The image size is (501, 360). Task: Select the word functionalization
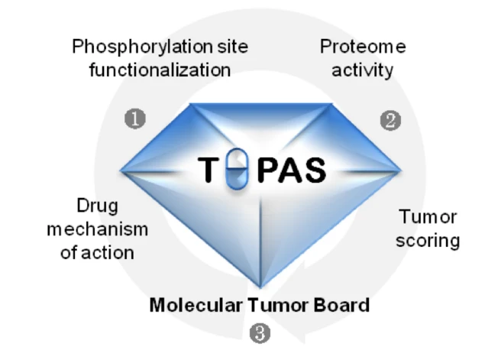(160, 70)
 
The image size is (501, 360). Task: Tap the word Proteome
(363, 47)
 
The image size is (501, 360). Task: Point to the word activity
(363, 70)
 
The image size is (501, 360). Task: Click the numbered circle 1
(136, 119)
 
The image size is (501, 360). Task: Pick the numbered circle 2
(390, 120)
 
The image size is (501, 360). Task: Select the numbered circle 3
(259, 332)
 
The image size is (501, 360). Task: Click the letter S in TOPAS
(313, 170)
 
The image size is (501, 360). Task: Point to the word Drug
(96, 206)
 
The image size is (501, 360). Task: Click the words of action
(96, 252)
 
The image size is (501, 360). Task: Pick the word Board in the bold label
(341, 305)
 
